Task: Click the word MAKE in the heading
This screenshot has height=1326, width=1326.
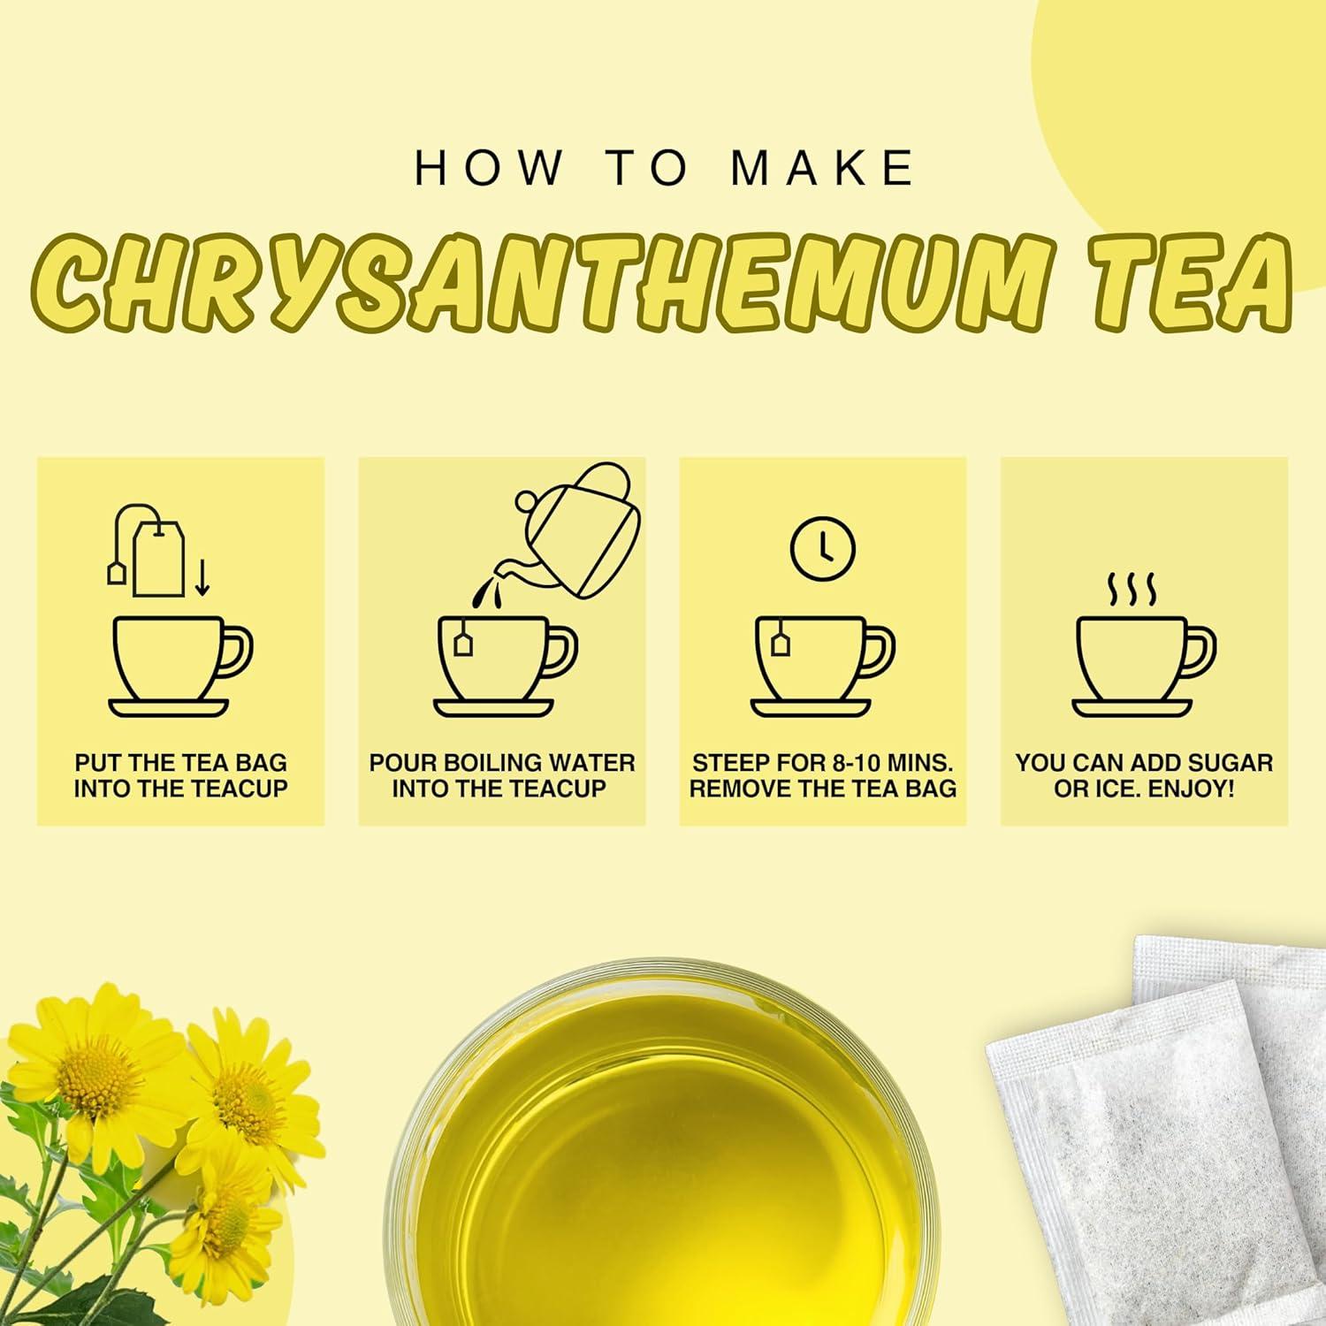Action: (823, 168)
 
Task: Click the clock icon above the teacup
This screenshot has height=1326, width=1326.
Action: (822, 548)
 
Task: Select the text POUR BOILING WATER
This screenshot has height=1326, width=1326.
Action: (502, 763)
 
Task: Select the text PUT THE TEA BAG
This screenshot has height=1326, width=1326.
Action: (181, 763)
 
